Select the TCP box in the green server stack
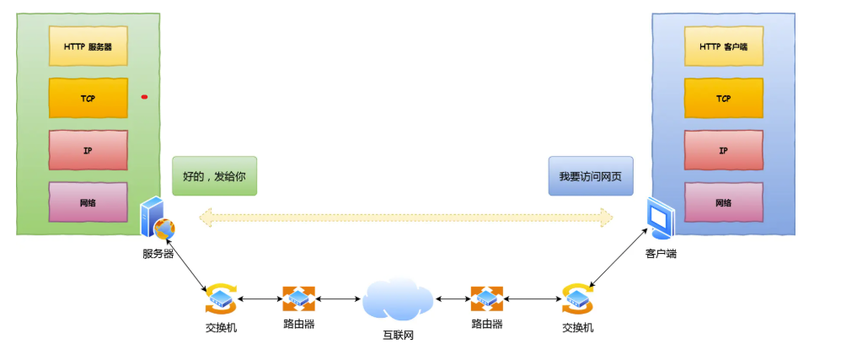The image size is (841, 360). click(88, 98)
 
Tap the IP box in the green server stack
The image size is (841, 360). click(88, 150)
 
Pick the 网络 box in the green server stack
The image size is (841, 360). click(88, 202)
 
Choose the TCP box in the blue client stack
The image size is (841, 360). click(723, 98)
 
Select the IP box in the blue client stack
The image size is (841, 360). click(723, 150)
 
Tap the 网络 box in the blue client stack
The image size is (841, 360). click(723, 202)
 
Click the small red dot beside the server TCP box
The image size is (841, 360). click(144, 97)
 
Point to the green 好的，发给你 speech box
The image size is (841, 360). click(213, 176)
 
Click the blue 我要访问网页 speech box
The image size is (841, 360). click(590, 176)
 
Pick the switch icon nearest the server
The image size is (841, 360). click(221, 298)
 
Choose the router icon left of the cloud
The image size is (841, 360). click(298, 298)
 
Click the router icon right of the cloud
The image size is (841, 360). click(486, 298)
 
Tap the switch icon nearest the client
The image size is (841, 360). click(577, 298)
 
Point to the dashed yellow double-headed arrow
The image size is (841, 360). click(405, 218)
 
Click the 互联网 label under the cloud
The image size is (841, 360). click(398, 336)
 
